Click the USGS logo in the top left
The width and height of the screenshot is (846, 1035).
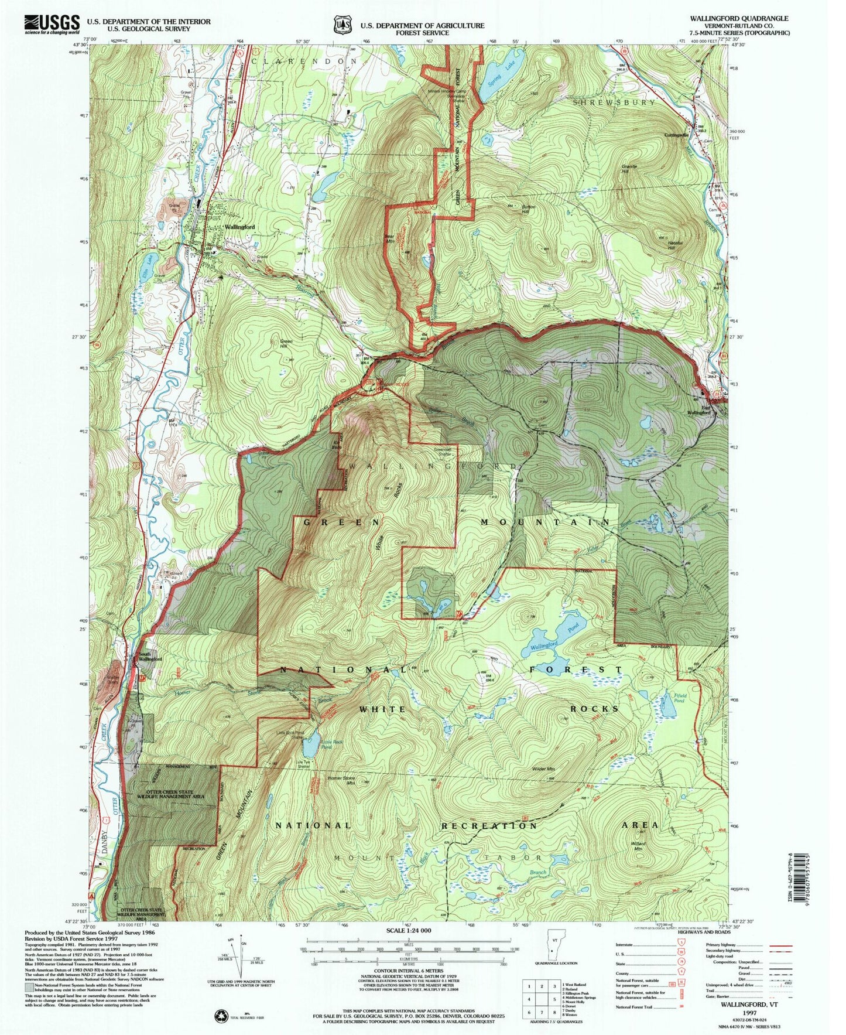click(52, 24)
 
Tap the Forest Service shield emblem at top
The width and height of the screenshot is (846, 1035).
click(343, 25)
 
